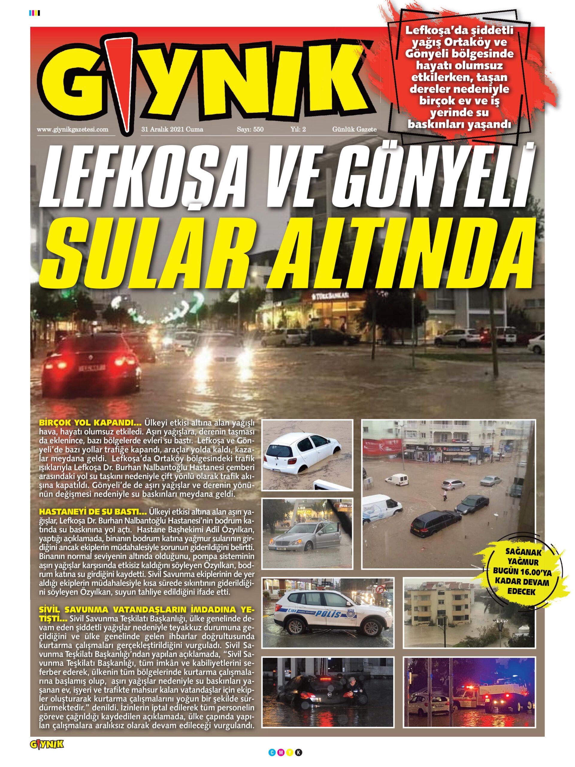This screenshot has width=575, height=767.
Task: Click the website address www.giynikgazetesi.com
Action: point(72,130)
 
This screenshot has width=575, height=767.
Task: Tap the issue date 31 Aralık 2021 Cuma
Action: point(172,130)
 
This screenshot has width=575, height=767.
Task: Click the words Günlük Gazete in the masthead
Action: point(354,130)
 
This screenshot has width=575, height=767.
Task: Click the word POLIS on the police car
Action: point(326,614)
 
